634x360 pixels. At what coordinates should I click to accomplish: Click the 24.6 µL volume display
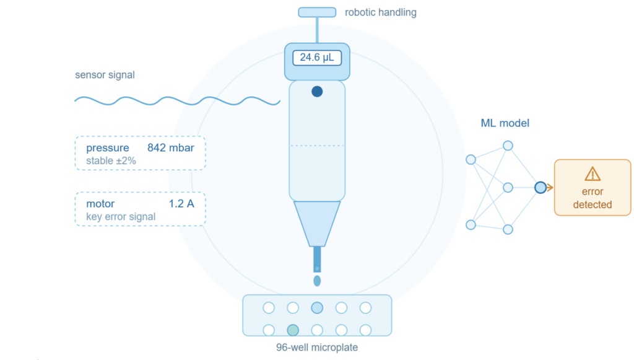pos(317,58)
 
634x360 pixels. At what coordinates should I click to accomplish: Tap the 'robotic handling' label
pos(381,12)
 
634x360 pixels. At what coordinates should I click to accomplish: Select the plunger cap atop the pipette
pos(317,12)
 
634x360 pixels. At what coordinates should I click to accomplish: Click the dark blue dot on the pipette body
pos(317,92)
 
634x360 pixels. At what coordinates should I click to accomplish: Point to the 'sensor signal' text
pos(105,75)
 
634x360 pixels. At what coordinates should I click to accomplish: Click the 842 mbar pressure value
pos(171,147)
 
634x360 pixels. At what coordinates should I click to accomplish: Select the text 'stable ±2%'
pos(111,161)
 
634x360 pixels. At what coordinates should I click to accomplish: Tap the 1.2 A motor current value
pos(181,203)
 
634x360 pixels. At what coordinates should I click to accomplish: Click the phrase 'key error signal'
pos(121,217)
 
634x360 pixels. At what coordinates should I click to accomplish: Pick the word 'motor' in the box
pos(100,203)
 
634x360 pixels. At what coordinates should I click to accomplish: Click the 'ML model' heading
pos(505,123)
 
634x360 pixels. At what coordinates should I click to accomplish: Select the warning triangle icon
pos(593,174)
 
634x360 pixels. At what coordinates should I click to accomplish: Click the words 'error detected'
pos(593,198)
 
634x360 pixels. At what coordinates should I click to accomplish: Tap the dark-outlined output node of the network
pos(540,187)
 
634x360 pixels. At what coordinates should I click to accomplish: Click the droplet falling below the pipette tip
pos(317,281)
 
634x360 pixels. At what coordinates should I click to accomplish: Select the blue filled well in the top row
pos(317,308)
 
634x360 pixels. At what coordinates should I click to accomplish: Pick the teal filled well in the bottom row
pos(293,330)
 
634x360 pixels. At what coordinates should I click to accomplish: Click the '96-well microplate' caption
pos(317,348)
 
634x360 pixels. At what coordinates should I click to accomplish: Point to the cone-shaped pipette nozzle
pos(317,224)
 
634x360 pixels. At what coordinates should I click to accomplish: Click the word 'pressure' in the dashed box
pos(108,148)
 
